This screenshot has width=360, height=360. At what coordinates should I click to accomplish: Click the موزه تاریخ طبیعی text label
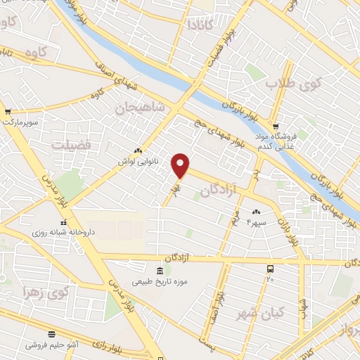pos(163,283)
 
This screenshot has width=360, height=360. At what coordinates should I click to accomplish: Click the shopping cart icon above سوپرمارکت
pos(8,111)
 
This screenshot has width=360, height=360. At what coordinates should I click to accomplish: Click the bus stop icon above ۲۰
pos(270,269)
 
